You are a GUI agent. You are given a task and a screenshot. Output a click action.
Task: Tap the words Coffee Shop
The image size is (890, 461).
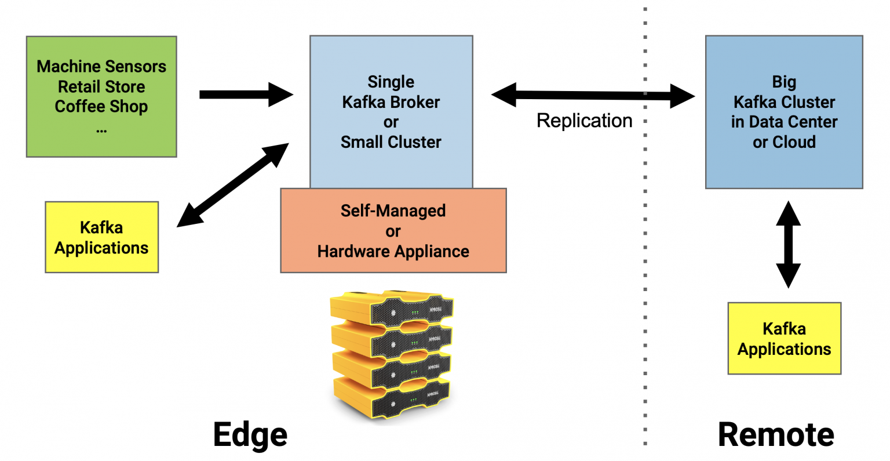point(101,107)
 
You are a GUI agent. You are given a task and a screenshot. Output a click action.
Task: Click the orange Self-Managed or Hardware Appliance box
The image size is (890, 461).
point(393,231)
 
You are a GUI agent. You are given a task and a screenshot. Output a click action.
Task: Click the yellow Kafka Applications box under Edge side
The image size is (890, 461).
point(101,237)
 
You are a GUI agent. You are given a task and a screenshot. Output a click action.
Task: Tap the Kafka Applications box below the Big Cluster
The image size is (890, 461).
point(784,339)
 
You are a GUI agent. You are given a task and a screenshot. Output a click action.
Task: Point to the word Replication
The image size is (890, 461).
point(584,121)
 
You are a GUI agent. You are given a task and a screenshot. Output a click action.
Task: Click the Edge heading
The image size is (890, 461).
point(250,434)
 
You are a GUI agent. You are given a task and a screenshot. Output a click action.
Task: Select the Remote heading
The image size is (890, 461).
point(776,434)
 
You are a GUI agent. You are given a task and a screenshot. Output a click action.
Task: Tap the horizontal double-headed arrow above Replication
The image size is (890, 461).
point(592,95)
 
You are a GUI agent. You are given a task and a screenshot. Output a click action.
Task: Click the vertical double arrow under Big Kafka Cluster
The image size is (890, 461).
point(788,244)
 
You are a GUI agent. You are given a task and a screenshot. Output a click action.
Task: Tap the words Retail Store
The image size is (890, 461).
point(101,87)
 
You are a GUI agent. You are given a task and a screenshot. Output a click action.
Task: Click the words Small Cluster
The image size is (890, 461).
point(391,142)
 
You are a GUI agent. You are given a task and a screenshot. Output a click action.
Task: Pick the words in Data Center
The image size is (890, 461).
point(784,122)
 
